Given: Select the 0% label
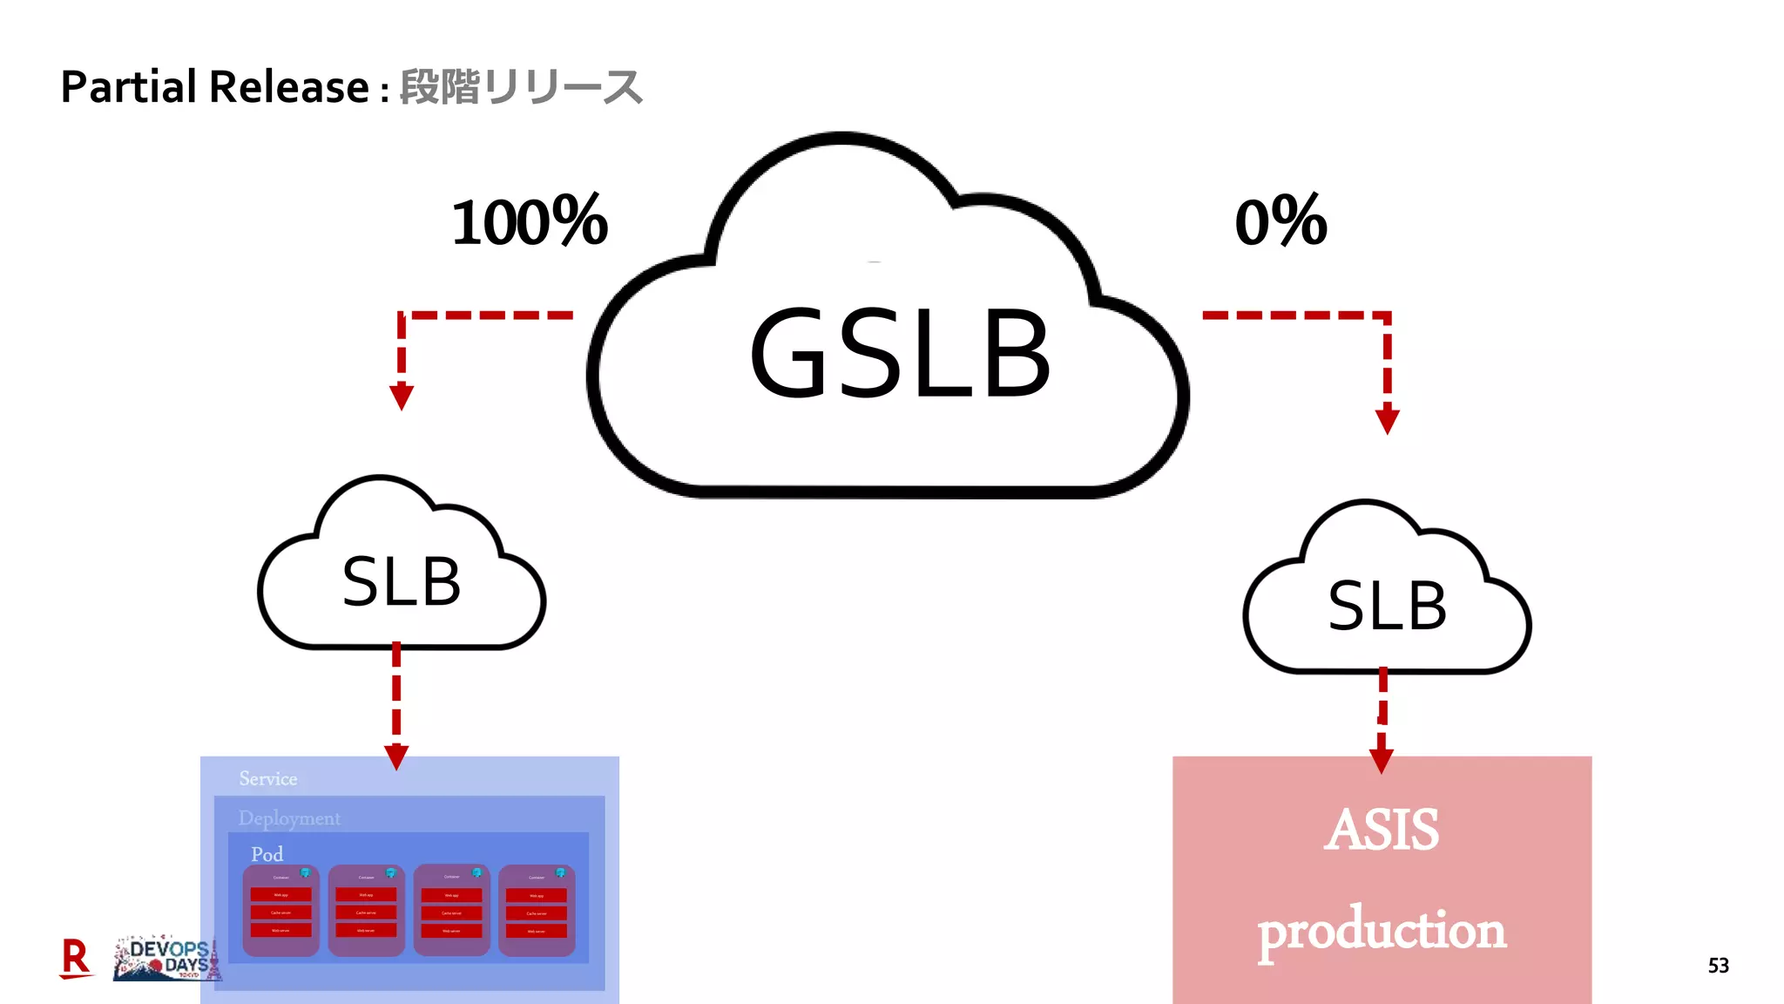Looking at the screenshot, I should pos(1281,221).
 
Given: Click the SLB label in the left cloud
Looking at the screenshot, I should pos(402,582).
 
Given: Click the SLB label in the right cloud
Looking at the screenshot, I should pos(1387,606).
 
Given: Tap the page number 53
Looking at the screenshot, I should pos(1718,966).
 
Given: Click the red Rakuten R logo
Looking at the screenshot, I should pos(76,959).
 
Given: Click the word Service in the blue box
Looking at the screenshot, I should pos(268,778).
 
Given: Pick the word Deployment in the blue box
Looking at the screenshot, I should pos(289,818).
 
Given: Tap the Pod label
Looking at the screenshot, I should pos(267,854).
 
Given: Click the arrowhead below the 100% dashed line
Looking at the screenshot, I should pos(401,397).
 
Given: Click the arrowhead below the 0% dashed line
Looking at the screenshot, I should pos(1387,421).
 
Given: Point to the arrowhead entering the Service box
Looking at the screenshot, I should pos(396,756).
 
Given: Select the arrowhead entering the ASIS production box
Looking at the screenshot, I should pos(1381,760).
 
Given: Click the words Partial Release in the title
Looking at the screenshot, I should pos(215,87).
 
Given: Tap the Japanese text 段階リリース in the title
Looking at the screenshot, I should pos(521,87).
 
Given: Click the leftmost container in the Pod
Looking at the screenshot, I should pos(280,911).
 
